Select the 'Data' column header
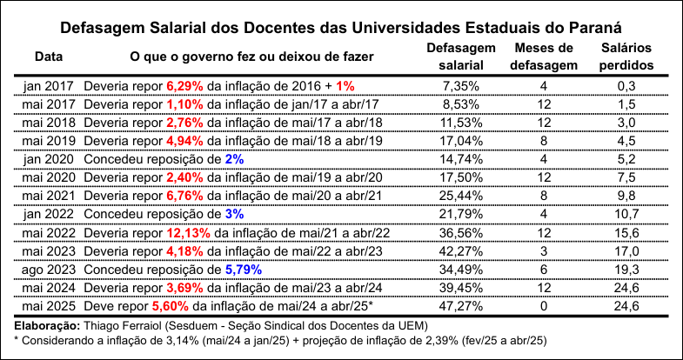point(49,57)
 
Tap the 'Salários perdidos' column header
point(626,57)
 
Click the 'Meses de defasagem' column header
point(543,57)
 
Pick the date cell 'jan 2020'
point(49,159)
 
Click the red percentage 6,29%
point(184,86)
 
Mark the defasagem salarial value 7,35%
point(461,86)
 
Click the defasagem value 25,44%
point(461,197)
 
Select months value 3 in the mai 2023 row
point(543,251)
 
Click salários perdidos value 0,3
point(626,86)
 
